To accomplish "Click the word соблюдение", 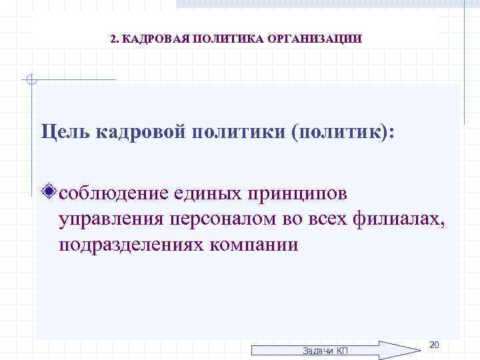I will pos(113,194).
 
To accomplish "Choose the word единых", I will pos(209,194).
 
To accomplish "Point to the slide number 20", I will pos(433,345).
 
